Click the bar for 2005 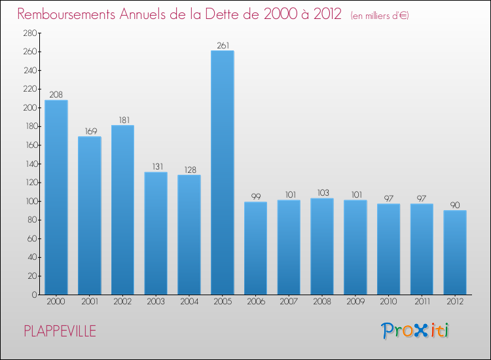pyautogui.click(x=223, y=173)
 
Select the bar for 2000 pyautogui.click(x=56, y=197)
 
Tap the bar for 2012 pyautogui.click(x=455, y=252)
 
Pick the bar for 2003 pyautogui.click(x=156, y=233)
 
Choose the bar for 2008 pyautogui.click(x=322, y=246)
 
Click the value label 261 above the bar pyautogui.click(x=223, y=46)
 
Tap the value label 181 pyautogui.click(x=122, y=120)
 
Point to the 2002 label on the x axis pyautogui.click(x=122, y=302)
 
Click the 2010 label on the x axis pyautogui.click(x=389, y=302)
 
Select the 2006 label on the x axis pyautogui.click(x=256, y=302)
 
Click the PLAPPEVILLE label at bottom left pyautogui.click(x=60, y=331)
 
